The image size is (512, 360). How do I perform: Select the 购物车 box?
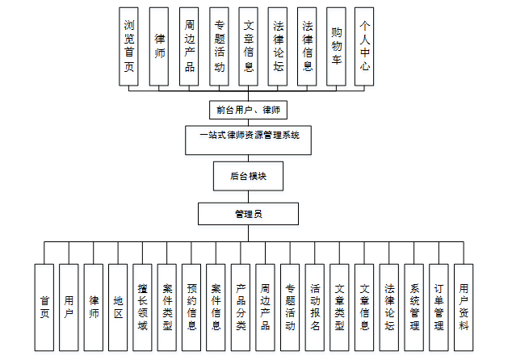pyautogui.click(x=336, y=46)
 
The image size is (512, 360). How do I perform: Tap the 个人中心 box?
pyautogui.click(x=366, y=46)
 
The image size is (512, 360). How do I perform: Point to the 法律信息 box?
pyautogui.click(x=306, y=46)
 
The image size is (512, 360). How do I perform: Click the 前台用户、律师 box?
pyautogui.click(x=248, y=109)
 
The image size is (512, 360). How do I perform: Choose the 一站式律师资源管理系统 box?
pyautogui.click(x=248, y=136)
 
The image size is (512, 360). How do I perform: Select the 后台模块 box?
pyautogui.click(x=248, y=175)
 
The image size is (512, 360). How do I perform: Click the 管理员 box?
pyautogui.click(x=248, y=214)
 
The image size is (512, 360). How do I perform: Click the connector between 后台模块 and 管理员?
pyautogui.click(x=248, y=195)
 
